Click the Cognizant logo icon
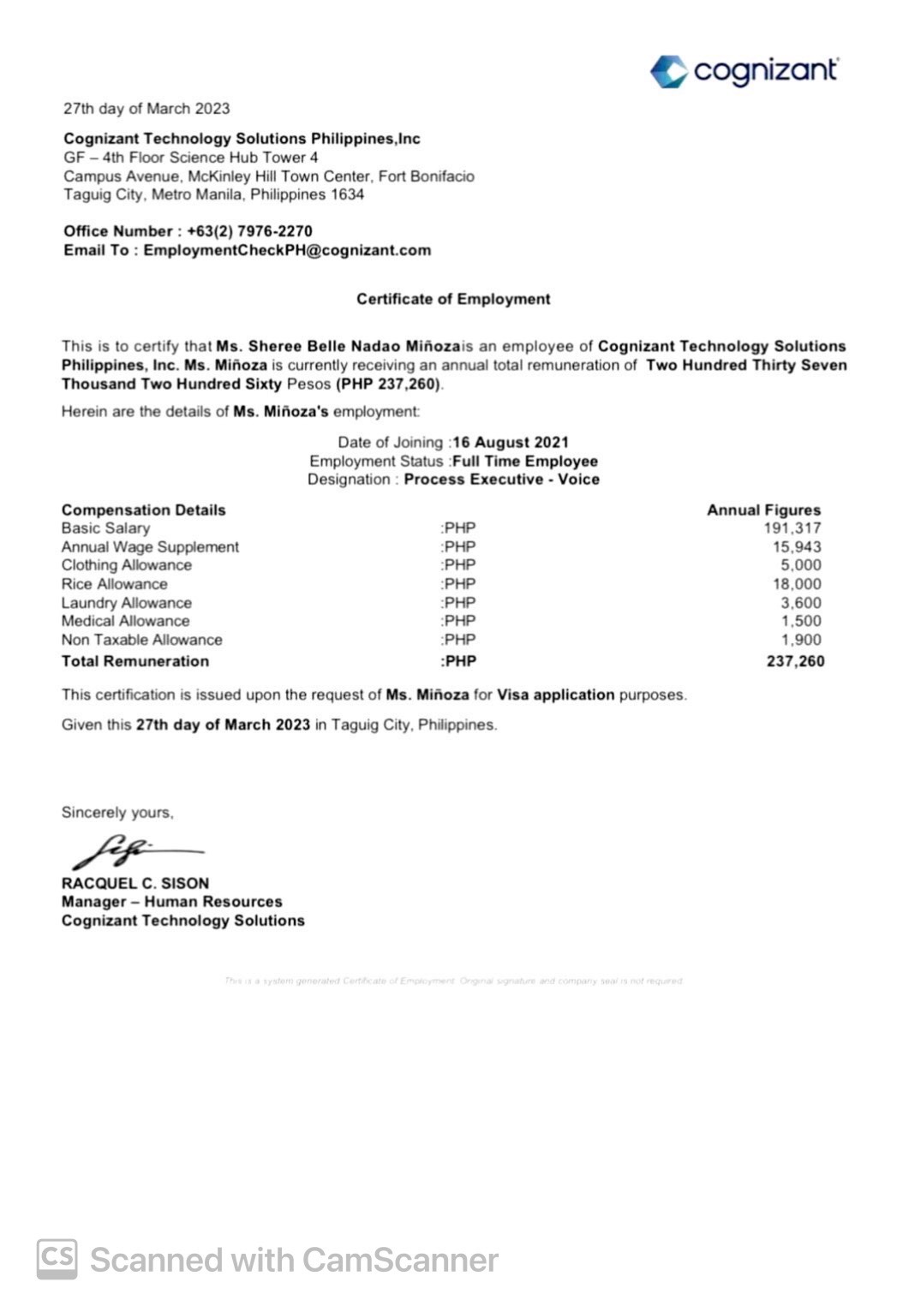pos(668,71)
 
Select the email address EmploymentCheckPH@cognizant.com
pos(287,250)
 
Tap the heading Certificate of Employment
pos(453,299)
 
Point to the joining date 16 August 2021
pos(511,442)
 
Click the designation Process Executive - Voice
pos(501,480)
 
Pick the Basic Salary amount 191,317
pos(792,528)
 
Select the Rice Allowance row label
pos(114,584)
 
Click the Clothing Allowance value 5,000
pos(800,565)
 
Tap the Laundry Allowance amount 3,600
pos(800,603)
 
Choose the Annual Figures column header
pos(763,510)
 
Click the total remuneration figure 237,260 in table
pos(795,661)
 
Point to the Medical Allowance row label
pos(125,621)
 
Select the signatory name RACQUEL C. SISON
pos(135,883)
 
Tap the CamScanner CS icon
pos(57,1259)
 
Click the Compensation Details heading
pos(143,510)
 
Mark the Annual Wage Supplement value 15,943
pos(796,546)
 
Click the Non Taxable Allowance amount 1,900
pos(800,640)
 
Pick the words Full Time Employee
pos(524,461)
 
